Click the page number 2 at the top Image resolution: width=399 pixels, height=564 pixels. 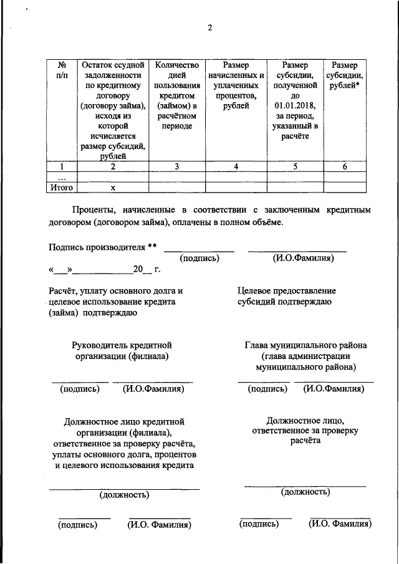click(x=210, y=27)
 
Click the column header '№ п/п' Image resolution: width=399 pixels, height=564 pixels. click(x=62, y=70)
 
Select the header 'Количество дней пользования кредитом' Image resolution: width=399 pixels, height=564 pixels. click(x=176, y=95)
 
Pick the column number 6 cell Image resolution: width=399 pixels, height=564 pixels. click(x=345, y=166)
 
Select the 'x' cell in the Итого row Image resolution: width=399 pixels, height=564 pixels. click(x=113, y=187)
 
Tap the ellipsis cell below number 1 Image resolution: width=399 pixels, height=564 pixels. click(x=62, y=177)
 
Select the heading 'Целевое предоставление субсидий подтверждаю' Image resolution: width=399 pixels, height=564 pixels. click(x=286, y=297)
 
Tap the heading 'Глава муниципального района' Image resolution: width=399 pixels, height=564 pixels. click(x=305, y=345)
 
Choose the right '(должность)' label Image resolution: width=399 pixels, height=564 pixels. click(x=305, y=492)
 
